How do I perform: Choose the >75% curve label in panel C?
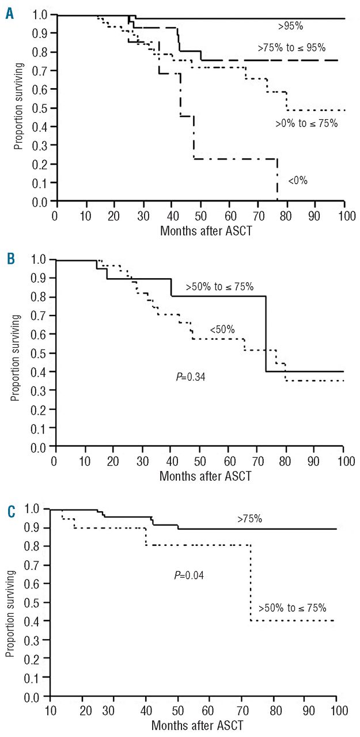click(x=250, y=519)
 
